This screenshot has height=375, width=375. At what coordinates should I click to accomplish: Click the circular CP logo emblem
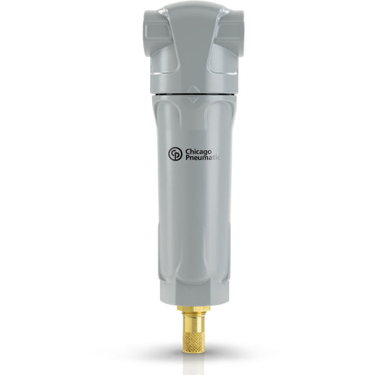175,154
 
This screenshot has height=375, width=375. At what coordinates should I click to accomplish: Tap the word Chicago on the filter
198,151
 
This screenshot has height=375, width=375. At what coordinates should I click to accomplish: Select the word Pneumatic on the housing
203,158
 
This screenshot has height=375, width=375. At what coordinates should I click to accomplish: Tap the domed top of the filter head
193,11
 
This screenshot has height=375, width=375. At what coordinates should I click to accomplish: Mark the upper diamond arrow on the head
193,89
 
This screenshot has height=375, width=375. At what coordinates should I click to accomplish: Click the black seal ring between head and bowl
193,95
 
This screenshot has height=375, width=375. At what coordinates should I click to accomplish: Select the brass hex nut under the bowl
193,308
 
